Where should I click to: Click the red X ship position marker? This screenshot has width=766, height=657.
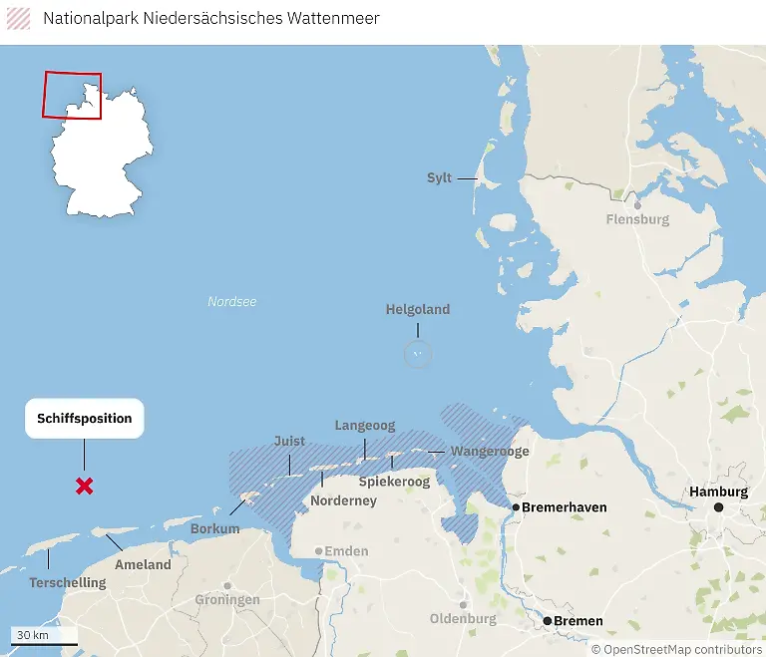85,487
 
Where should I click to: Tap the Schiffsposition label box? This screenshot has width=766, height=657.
85,419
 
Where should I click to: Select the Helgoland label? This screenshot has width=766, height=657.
418,310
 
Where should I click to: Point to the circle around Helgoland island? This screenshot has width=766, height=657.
418,353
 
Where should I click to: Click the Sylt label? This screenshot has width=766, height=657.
439,178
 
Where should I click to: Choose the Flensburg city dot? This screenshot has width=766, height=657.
636,205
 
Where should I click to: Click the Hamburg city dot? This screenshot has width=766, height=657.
718,507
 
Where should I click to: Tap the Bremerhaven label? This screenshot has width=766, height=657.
565,507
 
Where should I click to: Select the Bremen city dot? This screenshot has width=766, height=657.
547,621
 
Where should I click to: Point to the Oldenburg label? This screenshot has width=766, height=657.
463,619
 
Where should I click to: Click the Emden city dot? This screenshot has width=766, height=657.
318,550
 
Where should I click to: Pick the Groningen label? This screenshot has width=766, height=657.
227,600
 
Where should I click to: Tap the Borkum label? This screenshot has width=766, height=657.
215,529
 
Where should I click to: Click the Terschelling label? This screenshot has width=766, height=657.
68,582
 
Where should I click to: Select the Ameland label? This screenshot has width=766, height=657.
143,564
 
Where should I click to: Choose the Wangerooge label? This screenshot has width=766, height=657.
490,452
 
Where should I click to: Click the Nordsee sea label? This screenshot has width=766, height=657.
232,301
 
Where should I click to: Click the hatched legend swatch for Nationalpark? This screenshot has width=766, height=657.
19,18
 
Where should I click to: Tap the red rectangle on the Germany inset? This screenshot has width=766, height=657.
72,95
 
